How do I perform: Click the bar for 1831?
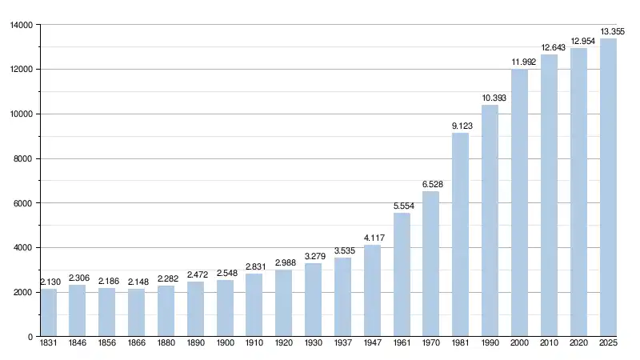pos(49,313)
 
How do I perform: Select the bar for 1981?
pos(461,234)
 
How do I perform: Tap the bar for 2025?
pos(608,187)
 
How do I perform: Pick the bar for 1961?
pos(402,274)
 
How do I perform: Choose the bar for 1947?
pos(372,290)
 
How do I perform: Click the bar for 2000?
pos(519,202)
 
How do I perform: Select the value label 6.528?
pos(432,184)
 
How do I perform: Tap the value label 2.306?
pos(78,278)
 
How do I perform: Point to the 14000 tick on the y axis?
pos(21,25)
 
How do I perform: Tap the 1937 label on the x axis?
pos(342,345)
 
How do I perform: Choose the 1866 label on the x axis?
pos(137,345)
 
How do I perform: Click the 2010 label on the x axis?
pos(549,345)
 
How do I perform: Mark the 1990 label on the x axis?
pos(490,345)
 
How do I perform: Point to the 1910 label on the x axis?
pos(254,345)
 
